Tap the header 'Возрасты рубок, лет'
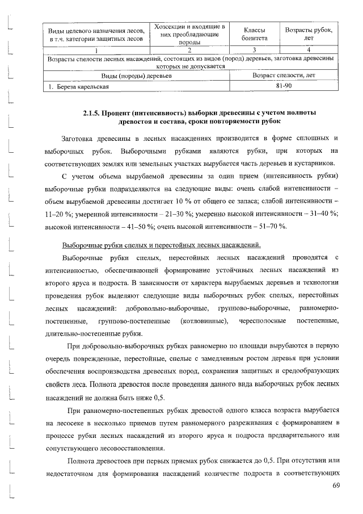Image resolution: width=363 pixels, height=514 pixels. [309, 34]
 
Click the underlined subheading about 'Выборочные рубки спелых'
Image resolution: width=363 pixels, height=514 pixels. [161, 245]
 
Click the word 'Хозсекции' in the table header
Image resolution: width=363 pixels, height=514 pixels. [172, 26]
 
